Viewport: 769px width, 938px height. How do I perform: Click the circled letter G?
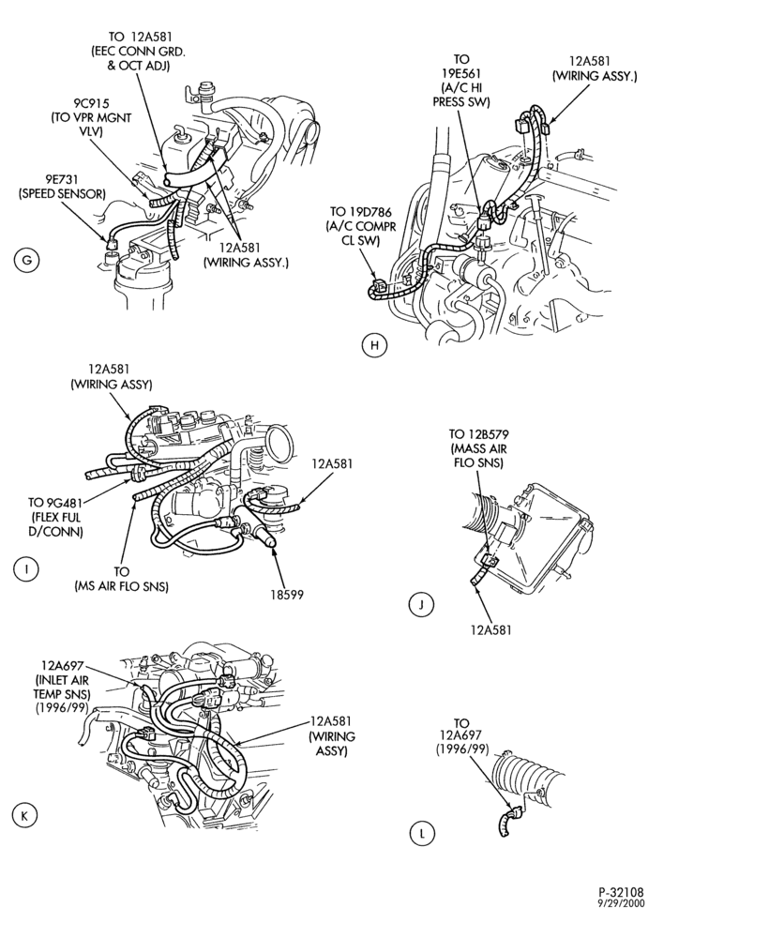pos(26,261)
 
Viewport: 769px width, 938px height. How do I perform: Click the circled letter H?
pos(374,345)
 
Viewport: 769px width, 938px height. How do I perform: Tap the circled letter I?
pos(25,569)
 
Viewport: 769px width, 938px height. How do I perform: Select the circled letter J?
pos(421,605)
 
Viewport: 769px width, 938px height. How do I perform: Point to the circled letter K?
pos(23,816)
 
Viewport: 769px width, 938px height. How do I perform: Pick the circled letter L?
pos(422,834)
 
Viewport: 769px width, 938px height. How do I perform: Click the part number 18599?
pos(286,595)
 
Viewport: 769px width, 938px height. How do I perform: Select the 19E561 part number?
pos(461,73)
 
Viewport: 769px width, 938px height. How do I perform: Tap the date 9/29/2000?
pos(622,904)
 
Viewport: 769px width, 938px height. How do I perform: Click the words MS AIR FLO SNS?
pos(121,587)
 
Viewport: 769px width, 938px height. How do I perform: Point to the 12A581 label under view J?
pos(490,630)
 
